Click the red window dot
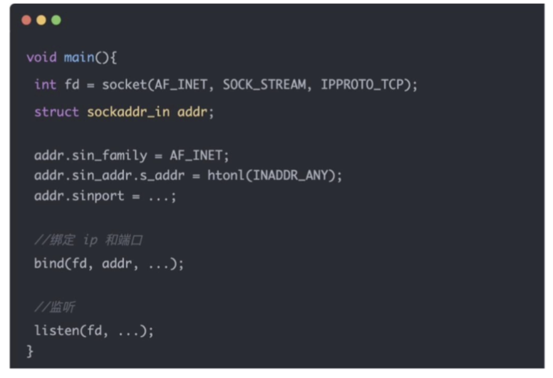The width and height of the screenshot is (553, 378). pos(26,21)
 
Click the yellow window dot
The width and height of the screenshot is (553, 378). pos(41,21)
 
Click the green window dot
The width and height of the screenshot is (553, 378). pos(56,21)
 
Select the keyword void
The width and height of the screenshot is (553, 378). pos(41,58)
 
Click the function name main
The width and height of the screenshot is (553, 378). pos(79,58)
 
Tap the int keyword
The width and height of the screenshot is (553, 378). pos(45,85)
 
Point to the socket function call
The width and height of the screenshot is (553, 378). pos(124,85)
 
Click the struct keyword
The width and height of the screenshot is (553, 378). pos(56,112)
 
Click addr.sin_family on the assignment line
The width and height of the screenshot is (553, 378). pos(90,155)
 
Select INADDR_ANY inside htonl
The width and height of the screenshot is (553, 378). pos(293,176)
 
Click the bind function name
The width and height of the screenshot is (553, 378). pos(49,263)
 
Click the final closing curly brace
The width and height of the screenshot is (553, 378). pos(30,351)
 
